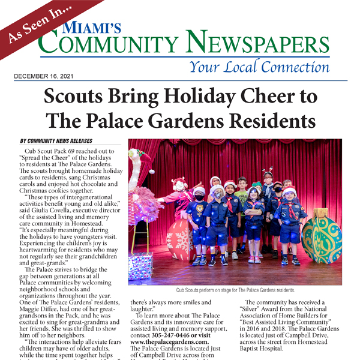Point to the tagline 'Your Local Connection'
[x=259, y=67]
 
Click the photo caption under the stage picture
[x=236, y=290]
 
